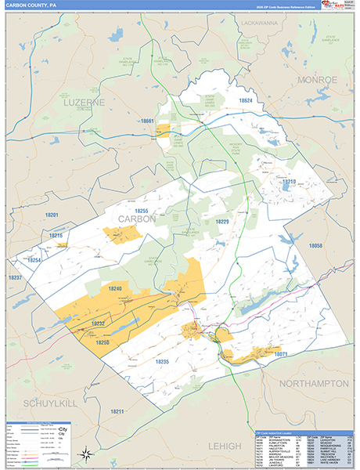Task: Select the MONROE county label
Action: point(317,79)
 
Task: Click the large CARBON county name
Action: point(137,219)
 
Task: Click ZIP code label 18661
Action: point(149,121)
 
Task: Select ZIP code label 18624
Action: point(247,101)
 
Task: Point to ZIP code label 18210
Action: point(290,181)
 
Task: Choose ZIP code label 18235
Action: point(162,361)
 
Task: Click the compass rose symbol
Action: point(88,451)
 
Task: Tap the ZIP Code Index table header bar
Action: point(303,432)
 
